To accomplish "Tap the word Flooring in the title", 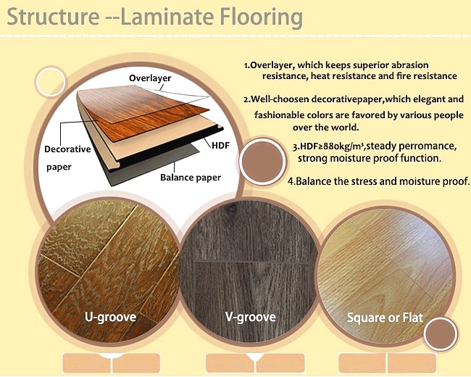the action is point(262,18).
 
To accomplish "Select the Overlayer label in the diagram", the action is point(150,78).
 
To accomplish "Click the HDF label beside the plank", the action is point(220,146).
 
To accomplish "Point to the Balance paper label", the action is point(191,178).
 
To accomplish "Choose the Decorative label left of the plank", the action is point(67,149).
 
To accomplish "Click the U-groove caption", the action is point(111,317).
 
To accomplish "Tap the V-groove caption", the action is point(251,317).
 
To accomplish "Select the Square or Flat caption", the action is point(385,318).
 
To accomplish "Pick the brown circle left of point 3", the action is point(262,162).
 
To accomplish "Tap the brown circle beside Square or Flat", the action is point(441,334).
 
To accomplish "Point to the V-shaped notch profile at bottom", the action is point(255,358).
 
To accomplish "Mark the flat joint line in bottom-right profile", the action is point(388,363).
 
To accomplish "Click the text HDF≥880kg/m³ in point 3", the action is point(329,146).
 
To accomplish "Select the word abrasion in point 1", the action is point(410,65).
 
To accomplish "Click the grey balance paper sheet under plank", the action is point(150,165).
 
